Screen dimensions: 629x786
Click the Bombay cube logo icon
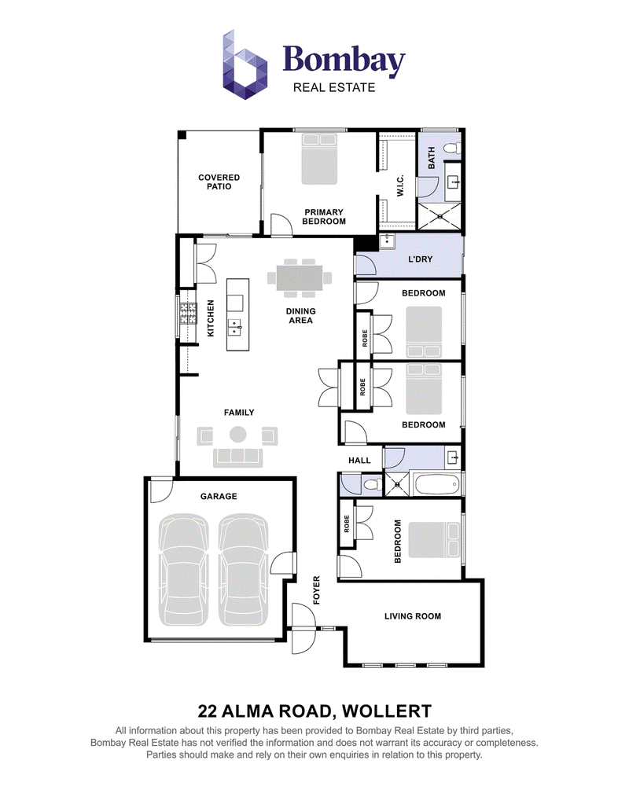[x=245, y=64]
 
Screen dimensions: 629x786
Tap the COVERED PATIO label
[x=219, y=182]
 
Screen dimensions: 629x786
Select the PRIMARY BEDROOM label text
[x=323, y=217]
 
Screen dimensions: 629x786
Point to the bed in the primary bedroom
[x=319, y=159]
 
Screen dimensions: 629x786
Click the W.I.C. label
[x=400, y=186]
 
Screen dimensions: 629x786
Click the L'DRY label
[x=421, y=259]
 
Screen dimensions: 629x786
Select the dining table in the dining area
[x=300, y=277]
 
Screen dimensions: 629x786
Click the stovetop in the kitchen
[x=188, y=314]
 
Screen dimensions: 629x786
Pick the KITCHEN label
[x=211, y=318]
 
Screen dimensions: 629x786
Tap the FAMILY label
[x=239, y=413]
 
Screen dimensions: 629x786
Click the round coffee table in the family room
[x=238, y=434]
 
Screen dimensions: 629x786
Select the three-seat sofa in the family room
[x=238, y=457]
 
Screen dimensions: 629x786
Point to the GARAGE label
[x=219, y=496]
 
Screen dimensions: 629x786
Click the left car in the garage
[x=183, y=569]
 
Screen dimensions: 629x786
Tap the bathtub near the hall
[x=436, y=484]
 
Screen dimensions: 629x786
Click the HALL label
[x=359, y=460]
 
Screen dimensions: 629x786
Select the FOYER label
[x=317, y=590]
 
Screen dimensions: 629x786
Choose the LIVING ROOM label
[x=413, y=616]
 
